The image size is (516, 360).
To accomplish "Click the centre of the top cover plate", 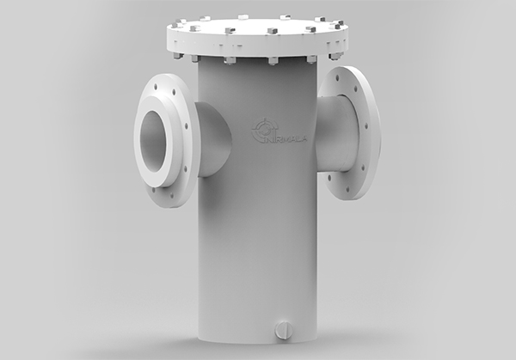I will tap(258, 26).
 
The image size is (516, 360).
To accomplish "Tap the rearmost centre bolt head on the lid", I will tap(243, 16).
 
